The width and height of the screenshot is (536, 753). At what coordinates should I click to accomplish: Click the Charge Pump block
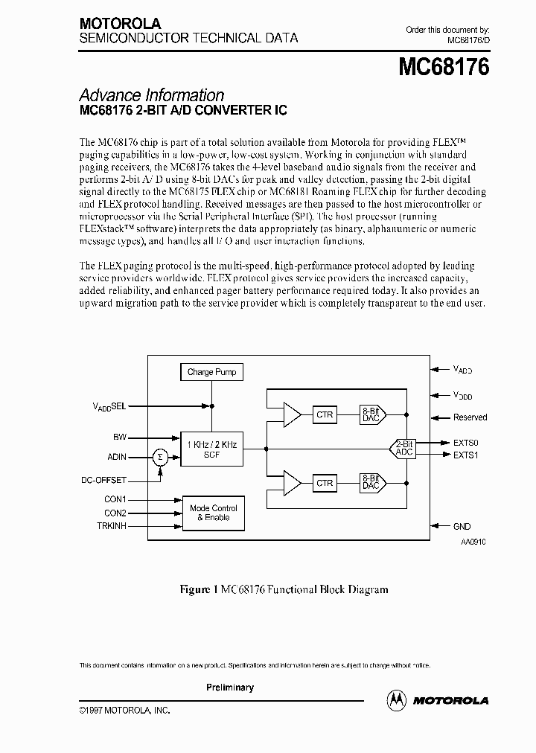click(211, 372)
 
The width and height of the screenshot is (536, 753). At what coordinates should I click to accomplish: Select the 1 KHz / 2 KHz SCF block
click(211, 449)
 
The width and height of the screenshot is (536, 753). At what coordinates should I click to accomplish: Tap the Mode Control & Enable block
click(214, 513)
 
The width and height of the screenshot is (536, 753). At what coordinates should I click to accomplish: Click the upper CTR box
click(325, 414)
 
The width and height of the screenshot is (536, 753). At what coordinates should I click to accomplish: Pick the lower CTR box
click(325, 483)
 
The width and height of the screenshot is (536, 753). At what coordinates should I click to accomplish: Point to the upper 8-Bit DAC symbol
click(370, 414)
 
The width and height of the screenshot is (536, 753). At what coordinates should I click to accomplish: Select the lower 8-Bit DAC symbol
click(370, 483)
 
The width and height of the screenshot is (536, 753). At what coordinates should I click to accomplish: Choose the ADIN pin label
click(116, 458)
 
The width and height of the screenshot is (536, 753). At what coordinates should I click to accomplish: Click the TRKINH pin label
click(112, 526)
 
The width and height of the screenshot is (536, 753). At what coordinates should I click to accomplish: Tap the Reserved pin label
click(470, 417)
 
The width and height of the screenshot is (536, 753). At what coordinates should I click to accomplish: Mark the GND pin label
click(462, 526)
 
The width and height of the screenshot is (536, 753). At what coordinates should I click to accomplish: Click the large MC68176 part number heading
click(444, 68)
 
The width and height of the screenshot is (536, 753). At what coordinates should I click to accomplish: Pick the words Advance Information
click(151, 95)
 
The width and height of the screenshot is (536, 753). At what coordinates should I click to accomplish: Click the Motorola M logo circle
click(397, 699)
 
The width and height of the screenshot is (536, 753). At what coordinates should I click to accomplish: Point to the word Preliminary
click(230, 688)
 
